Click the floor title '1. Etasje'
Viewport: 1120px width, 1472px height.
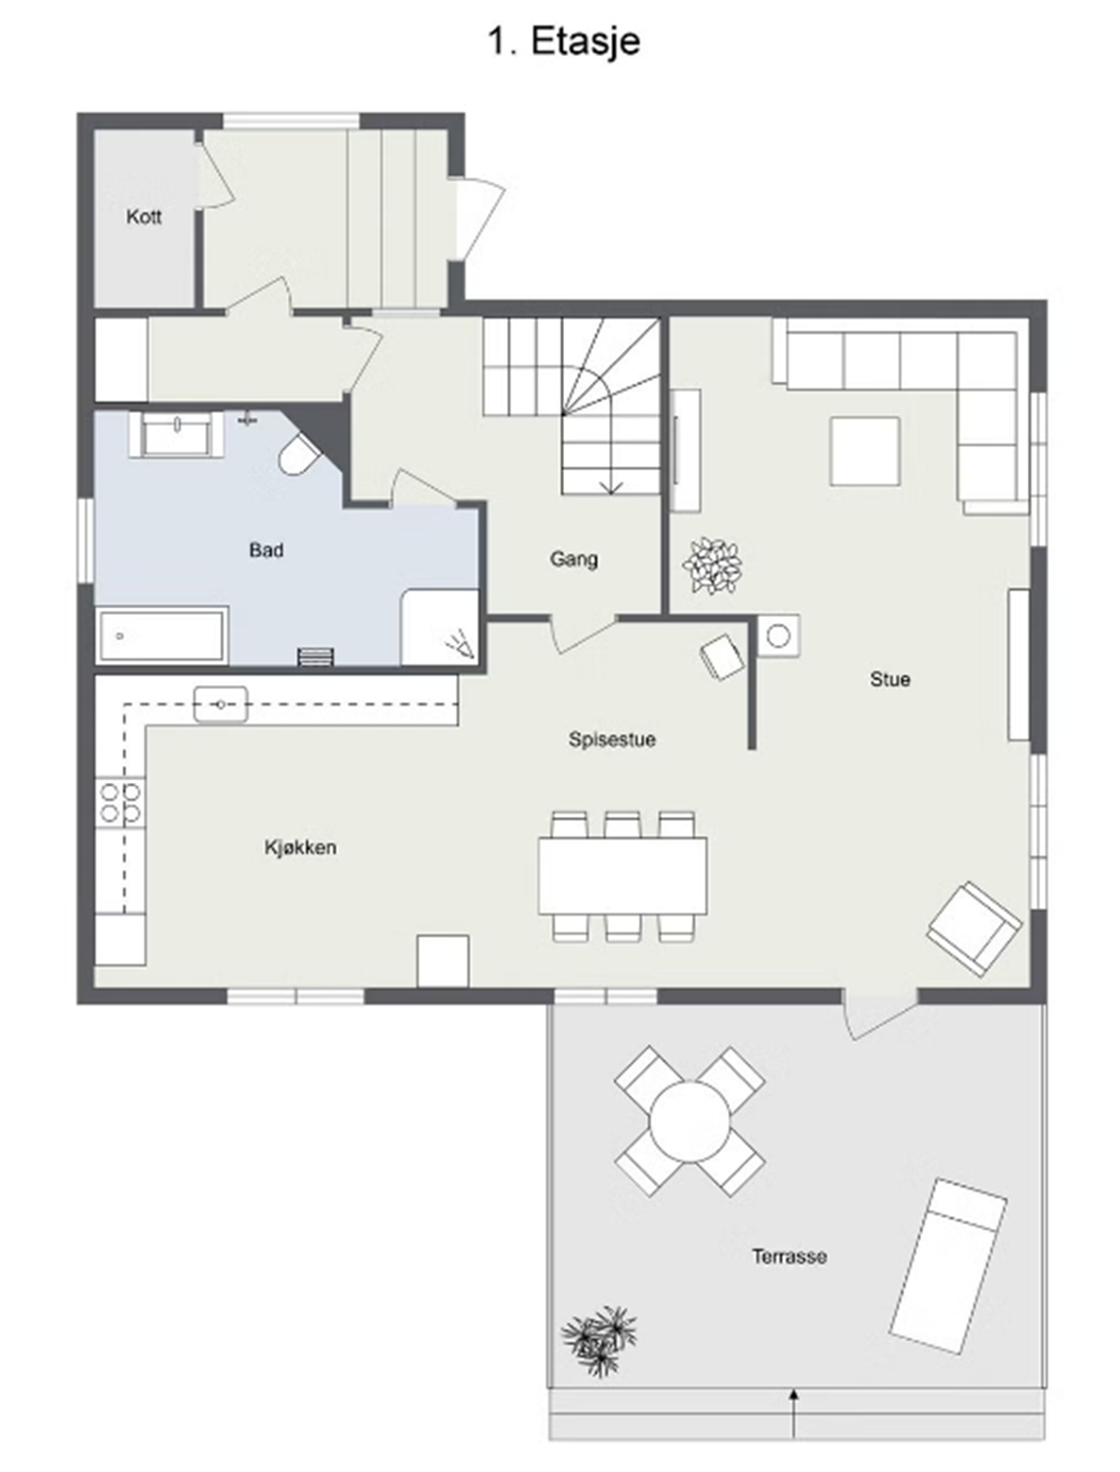(x=563, y=42)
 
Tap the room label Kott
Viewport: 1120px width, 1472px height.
(x=144, y=217)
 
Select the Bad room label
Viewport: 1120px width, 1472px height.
(x=266, y=550)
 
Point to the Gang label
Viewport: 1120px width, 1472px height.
(x=574, y=558)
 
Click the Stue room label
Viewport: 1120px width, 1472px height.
(x=890, y=679)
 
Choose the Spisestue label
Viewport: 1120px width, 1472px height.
(x=612, y=739)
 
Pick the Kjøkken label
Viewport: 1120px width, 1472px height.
(x=300, y=847)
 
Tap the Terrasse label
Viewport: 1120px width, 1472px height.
(x=789, y=1256)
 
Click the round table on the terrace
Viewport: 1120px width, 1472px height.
(x=689, y=1121)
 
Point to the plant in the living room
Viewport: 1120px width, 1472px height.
(x=711, y=565)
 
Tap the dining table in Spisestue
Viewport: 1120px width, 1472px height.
(x=623, y=875)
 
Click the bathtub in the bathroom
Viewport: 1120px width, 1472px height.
(x=162, y=634)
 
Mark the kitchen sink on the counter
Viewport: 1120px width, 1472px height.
(x=221, y=705)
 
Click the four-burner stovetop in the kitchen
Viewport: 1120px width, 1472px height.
(x=121, y=801)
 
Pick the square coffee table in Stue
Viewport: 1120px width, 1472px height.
(x=864, y=451)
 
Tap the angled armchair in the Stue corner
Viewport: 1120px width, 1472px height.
(x=974, y=927)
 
